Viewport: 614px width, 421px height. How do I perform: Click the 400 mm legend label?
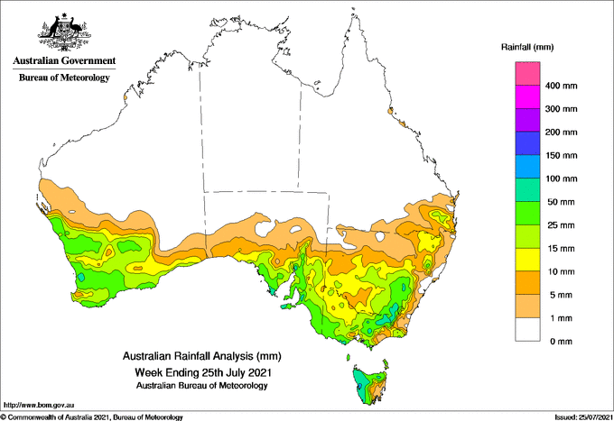click(561, 86)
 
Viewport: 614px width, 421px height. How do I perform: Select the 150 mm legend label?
click(561, 156)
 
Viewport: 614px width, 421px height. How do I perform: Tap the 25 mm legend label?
click(561, 225)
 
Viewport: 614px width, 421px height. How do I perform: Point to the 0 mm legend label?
click(561, 342)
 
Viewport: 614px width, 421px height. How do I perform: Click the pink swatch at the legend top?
click(527, 74)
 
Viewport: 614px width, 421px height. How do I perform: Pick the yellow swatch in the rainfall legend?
click(527, 260)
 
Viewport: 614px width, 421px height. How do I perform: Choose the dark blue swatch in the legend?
click(527, 143)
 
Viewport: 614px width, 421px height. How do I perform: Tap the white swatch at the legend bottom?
click(527, 330)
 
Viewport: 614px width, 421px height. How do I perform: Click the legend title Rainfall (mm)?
click(527, 47)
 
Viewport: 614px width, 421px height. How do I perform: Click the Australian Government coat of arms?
click(64, 32)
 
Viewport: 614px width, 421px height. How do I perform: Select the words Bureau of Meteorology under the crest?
click(64, 78)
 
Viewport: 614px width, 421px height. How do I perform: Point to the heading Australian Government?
click(64, 60)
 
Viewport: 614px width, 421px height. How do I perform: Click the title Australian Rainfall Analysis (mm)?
click(202, 356)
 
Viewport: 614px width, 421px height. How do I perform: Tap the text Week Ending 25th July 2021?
click(203, 371)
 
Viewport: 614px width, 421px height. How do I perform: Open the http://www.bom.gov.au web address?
click(39, 406)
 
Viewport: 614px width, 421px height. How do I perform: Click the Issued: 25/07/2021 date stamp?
click(583, 417)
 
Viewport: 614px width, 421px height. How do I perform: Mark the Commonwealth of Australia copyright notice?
click(92, 417)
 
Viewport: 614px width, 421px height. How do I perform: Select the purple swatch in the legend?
click(527, 120)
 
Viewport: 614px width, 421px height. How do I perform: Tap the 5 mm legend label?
click(561, 295)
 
